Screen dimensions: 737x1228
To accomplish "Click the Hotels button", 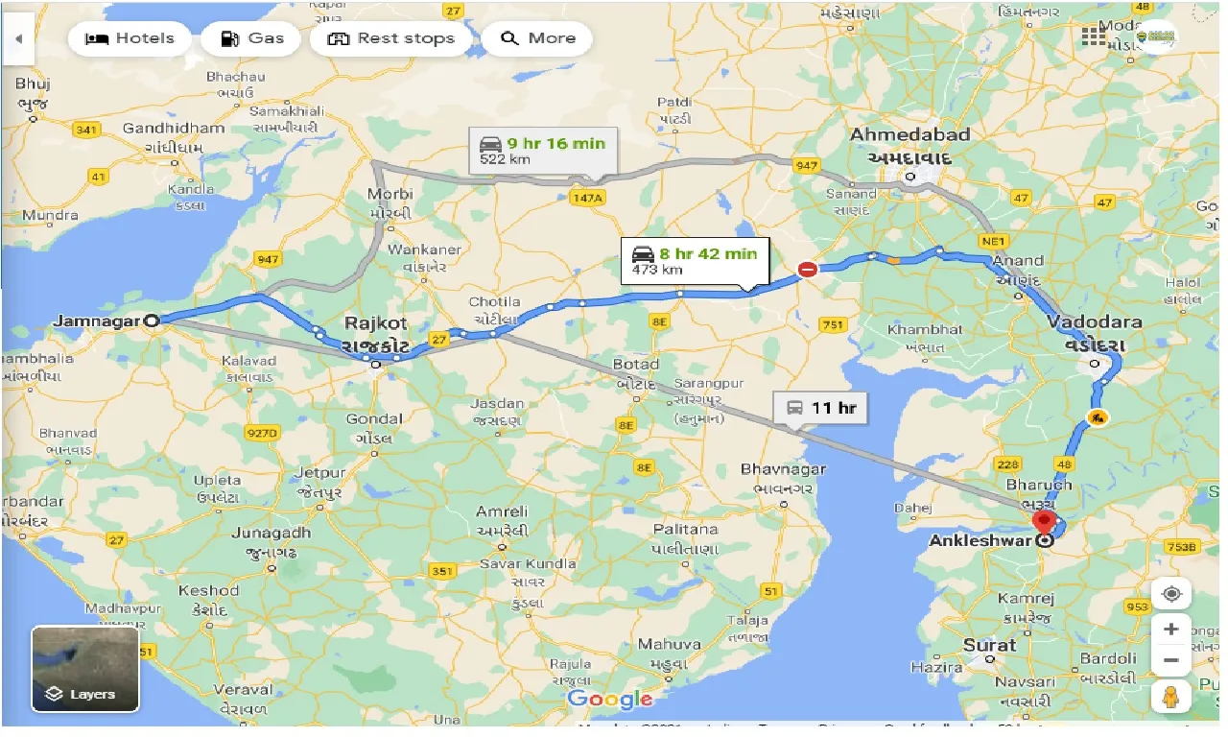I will [x=130, y=38].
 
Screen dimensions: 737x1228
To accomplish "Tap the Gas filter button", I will [x=251, y=38].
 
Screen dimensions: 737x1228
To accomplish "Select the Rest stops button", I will [x=390, y=38].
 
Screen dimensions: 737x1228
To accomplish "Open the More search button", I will [x=537, y=38].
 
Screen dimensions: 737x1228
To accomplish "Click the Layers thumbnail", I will [x=85, y=669].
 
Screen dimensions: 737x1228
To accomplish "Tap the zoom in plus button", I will [x=1170, y=630].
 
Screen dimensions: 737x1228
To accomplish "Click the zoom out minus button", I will [x=1170, y=661].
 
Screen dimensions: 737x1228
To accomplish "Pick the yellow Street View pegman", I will [x=1170, y=698].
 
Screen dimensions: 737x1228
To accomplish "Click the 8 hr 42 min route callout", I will [x=695, y=261].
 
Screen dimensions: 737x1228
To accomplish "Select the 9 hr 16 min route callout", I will [x=543, y=151].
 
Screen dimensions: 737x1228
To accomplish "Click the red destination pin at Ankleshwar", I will [x=1044, y=522].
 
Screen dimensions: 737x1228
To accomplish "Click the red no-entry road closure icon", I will [x=808, y=270].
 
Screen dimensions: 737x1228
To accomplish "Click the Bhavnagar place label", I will [x=783, y=469].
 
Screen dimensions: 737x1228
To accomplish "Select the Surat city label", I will [x=989, y=645].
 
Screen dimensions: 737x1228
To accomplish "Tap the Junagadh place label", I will [x=272, y=533].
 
